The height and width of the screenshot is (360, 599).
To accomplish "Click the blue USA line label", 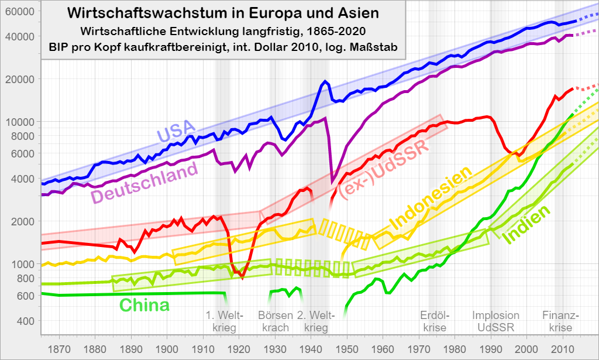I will pos(177,133).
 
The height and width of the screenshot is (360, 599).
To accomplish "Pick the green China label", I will pos(144,305).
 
